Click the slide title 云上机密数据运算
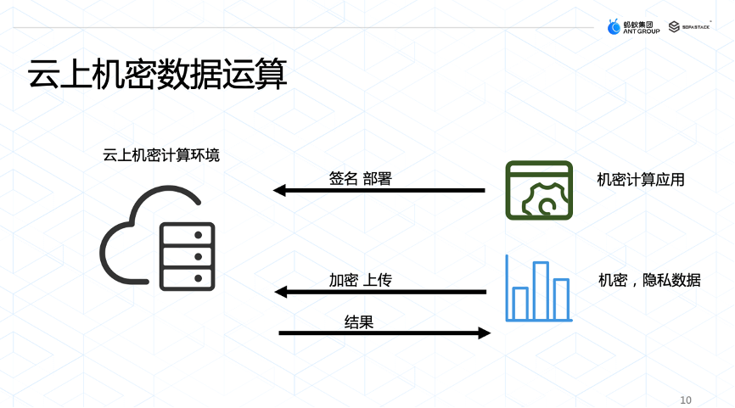click(158, 75)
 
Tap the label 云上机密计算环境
click(161, 154)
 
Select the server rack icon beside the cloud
click(188, 257)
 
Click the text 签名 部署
click(360, 179)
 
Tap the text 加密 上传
click(360, 280)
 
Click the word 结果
click(359, 321)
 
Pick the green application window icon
click(538, 190)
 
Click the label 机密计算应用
click(641, 180)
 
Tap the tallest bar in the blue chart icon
click(541, 290)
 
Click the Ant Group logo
click(633, 26)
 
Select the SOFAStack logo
click(689, 26)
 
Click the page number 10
click(686, 400)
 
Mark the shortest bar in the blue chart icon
click(520, 303)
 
